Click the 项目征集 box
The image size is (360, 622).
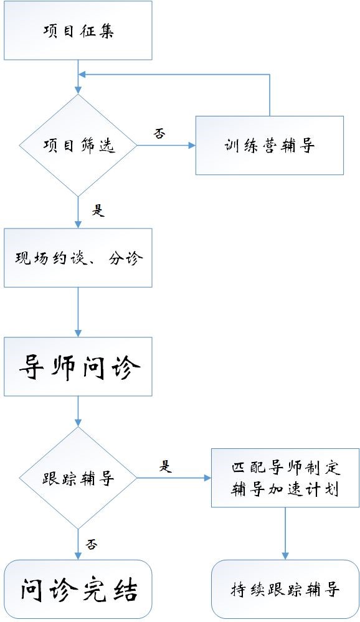78,31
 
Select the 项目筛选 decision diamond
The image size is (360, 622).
78,145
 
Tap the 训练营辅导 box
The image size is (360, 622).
270,145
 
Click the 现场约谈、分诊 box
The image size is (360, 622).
78,258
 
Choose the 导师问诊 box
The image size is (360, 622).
78,367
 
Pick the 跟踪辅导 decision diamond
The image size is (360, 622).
78,478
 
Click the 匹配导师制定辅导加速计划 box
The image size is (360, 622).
285,478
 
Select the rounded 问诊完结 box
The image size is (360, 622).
78,590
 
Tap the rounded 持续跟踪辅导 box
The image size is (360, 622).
285,590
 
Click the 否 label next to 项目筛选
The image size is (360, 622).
159,134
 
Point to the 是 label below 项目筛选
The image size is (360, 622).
98,210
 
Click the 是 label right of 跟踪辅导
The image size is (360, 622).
166,466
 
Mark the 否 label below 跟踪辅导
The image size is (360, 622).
92,544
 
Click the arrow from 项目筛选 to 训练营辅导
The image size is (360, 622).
166,145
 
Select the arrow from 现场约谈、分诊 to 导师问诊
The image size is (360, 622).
78,312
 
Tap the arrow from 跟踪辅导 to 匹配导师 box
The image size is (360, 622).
174,478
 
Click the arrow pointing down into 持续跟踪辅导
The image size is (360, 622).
285,534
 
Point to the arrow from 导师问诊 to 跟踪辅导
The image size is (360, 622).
78,412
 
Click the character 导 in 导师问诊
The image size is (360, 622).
32,367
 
